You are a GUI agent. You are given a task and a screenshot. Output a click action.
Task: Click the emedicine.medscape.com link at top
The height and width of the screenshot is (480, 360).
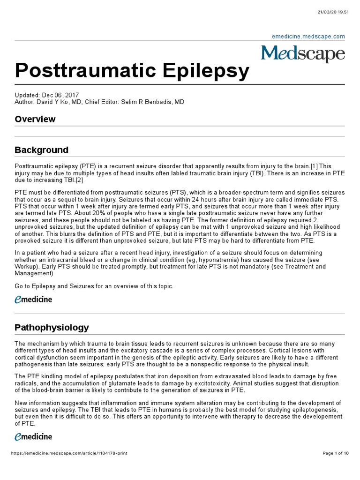[308, 36]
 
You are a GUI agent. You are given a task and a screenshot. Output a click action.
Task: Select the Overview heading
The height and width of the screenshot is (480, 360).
[35, 119]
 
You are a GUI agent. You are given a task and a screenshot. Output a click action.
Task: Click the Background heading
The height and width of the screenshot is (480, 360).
[41, 150]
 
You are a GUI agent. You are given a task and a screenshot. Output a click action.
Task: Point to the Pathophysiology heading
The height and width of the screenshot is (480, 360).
[52, 327]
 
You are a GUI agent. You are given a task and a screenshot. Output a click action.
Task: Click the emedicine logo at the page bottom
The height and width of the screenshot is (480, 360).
[33, 437]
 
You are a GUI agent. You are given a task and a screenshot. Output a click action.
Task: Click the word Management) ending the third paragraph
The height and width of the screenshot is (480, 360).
[34, 273]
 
